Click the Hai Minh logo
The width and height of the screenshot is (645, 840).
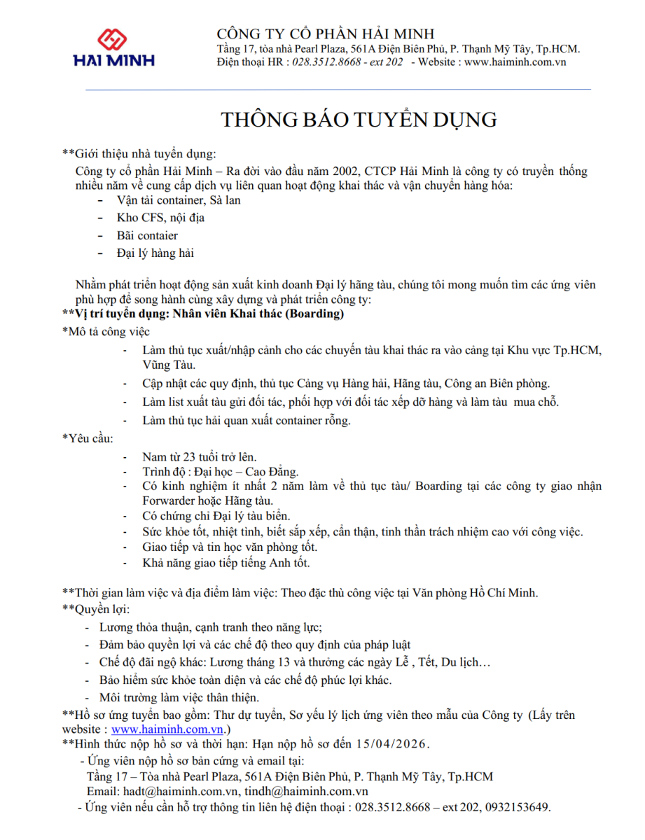(x=113, y=47)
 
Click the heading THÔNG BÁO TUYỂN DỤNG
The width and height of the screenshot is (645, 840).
(x=359, y=119)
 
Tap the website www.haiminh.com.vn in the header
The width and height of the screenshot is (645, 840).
(x=515, y=62)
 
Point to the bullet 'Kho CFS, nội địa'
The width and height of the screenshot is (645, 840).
(x=160, y=218)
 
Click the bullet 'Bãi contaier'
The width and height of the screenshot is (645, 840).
(x=147, y=236)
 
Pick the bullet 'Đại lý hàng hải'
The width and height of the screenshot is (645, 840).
(x=155, y=253)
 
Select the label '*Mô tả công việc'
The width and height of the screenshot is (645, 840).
(x=106, y=332)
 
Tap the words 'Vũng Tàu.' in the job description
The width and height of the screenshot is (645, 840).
(x=169, y=365)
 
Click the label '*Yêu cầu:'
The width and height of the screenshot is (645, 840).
(x=88, y=438)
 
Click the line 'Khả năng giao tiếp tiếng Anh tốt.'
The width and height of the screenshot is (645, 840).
(x=226, y=562)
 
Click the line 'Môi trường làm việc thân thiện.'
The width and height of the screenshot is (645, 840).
(x=179, y=697)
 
